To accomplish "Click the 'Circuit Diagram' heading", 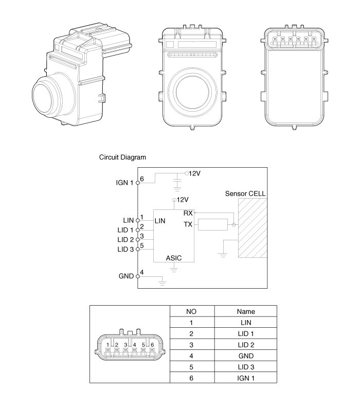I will (x=122, y=157).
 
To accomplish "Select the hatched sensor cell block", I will (x=252, y=228).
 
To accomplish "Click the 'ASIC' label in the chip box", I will (x=174, y=257).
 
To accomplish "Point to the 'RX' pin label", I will (x=188, y=213).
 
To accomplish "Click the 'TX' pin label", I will (x=188, y=224).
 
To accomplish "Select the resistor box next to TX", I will (x=212, y=225).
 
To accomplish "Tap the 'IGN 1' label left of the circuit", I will (x=125, y=183).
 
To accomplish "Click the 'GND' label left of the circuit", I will (x=127, y=276).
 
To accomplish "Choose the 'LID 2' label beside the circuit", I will (x=125, y=240).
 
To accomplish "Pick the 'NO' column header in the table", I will (x=191, y=311).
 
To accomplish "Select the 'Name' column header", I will (x=246, y=311).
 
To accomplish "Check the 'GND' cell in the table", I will (x=246, y=356).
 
